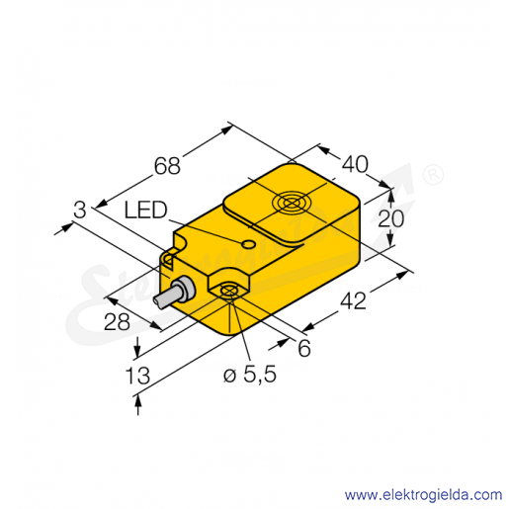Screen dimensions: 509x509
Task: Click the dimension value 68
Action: pos(167,166)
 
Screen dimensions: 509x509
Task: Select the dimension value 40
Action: pos(355,164)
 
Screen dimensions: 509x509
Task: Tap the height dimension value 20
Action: pos(390,218)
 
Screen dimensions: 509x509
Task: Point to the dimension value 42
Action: pos(353,300)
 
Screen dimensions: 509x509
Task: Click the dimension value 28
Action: pos(117,322)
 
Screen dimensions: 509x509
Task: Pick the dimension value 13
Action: pos(137,376)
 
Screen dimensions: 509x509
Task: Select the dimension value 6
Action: pos(304,348)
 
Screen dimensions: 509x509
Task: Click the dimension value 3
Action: pos(80,210)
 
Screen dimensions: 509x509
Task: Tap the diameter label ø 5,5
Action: pos(250,375)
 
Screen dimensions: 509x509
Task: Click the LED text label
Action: pos(146,211)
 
